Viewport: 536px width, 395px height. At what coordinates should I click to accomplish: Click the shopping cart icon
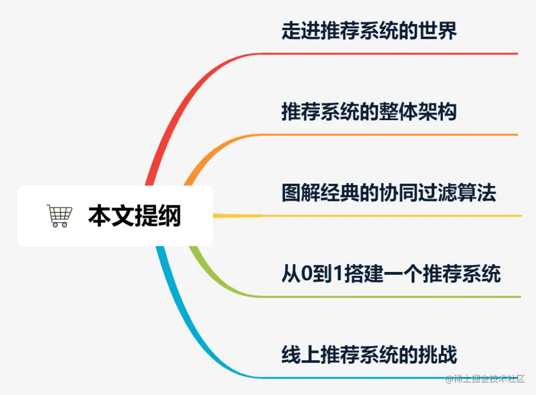tap(60, 216)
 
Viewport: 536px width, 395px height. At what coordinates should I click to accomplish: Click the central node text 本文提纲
tap(134, 216)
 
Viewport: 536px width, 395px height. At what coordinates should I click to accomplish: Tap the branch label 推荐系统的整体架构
tap(369, 112)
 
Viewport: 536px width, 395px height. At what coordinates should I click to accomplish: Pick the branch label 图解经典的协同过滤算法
tap(389, 193)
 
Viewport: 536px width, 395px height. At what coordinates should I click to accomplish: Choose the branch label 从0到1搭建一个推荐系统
tap(391, 274)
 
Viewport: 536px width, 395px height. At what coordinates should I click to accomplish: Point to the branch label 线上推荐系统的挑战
tap(369, 355)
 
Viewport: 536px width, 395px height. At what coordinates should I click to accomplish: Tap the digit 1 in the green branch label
tap(338, 274)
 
